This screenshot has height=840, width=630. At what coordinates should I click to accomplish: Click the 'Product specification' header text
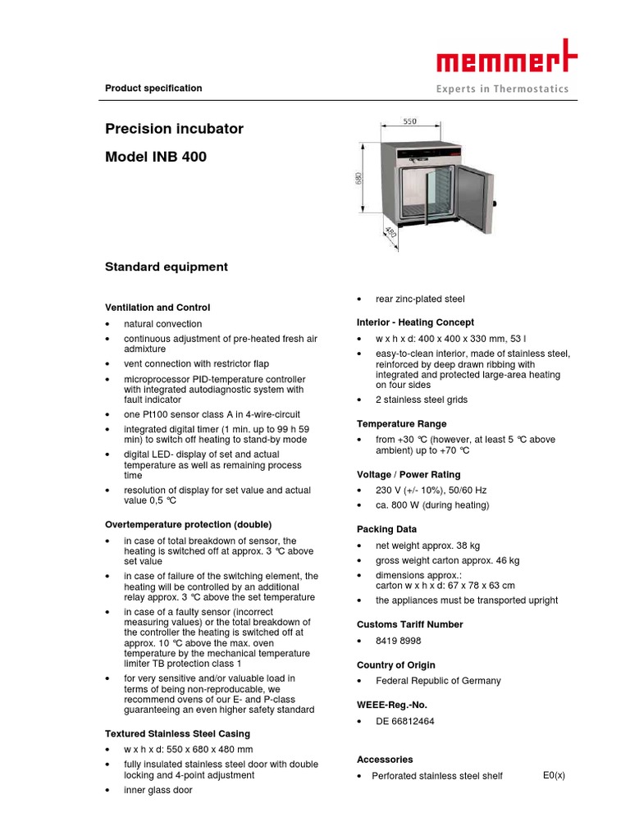click(153, 89)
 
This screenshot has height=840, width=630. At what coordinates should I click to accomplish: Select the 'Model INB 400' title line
click(156, 157)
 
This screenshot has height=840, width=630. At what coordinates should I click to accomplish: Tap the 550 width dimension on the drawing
click(409, 121)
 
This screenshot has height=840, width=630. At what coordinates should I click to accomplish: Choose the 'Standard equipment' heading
click(166, 267)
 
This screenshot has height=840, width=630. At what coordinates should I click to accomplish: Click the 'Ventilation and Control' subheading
click(157, 308)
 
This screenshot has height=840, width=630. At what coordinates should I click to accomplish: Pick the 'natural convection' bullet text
click(162, 324)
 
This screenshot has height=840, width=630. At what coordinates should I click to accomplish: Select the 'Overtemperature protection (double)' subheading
click(188, 524)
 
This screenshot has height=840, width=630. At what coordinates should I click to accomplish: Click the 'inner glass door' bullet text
click(158, 790)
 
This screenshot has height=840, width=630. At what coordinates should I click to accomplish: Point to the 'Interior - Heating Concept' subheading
click(415, 322)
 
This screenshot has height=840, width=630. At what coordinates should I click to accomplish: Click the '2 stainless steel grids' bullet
click(422, 399)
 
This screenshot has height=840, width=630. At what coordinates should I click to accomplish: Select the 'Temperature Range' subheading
click(401, 424)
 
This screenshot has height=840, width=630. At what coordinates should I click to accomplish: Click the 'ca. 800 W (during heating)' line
click(432, 505)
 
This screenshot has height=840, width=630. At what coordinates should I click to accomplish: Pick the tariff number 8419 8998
click(399, 641)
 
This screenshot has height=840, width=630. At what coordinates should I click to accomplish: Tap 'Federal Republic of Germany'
click(438, 681)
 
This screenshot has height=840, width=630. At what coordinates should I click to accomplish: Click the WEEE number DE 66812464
click(405, 721)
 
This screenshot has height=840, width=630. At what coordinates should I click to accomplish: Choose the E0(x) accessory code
click(554, 775)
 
